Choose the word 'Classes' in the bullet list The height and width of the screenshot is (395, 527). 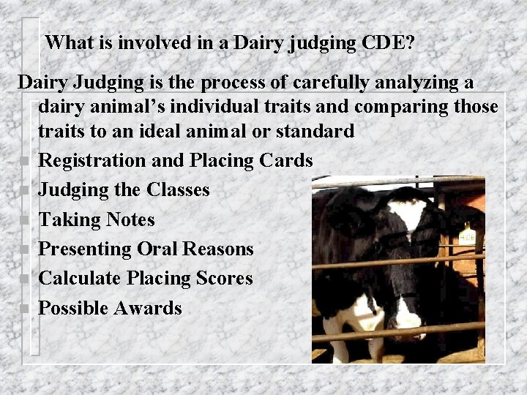coord(178,189)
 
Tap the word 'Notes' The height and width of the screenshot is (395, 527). coord(130,219)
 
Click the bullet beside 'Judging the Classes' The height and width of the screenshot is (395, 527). coord(25,191)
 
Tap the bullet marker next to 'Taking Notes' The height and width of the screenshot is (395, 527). coord(25,220)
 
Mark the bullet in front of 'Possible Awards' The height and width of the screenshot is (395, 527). coord(25,309)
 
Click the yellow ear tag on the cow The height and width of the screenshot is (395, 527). coord(468,236)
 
